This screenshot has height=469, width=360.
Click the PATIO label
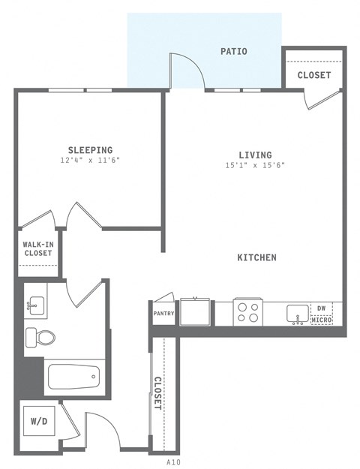click(233, 52)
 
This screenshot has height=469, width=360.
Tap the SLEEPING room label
click(90, 150)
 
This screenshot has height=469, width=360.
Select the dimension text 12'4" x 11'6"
click(90, 161)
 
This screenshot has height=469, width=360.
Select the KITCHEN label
click(256, 257)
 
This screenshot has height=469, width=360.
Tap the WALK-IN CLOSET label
click(37, 249)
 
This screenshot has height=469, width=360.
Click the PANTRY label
click(164, 314)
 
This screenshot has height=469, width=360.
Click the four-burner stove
click(247, 311)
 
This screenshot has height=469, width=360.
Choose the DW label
click(321, 308)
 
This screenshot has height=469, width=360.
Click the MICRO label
click(321, 320)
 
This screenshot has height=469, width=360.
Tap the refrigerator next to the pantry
click(195, 311)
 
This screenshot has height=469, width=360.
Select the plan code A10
click(173, 461)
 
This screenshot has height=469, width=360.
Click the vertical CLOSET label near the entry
click(157, 392)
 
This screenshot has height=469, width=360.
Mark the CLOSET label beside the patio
click(313, 75)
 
